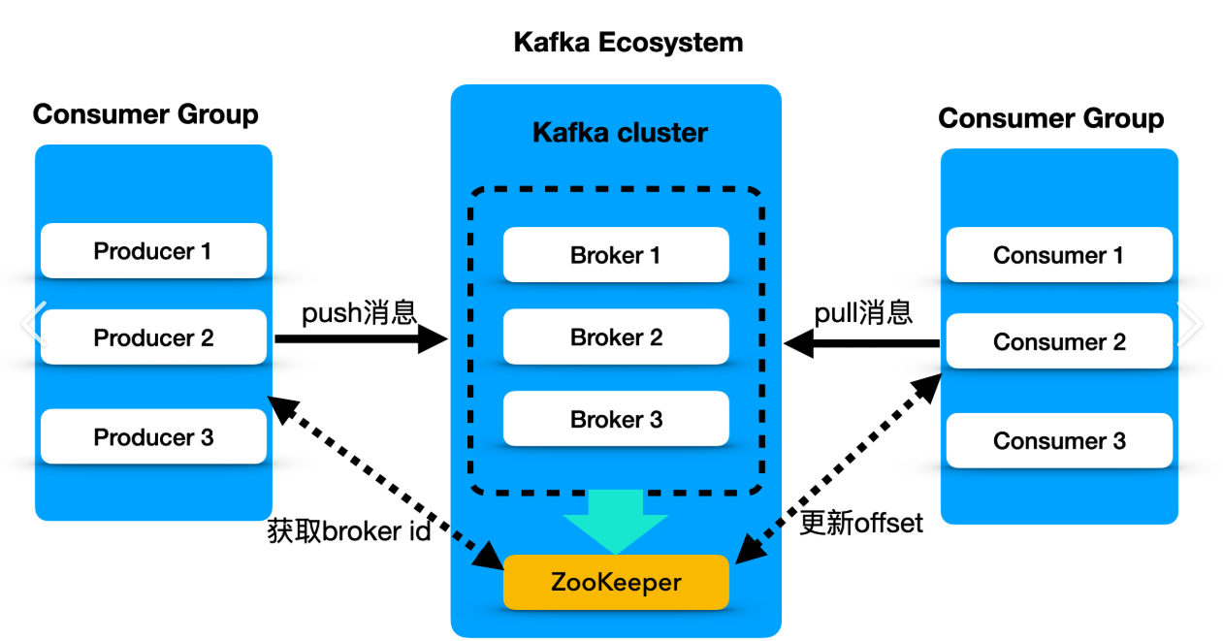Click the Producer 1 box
153,251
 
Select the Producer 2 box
153,337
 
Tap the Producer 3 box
153,436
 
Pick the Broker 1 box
616,255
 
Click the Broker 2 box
616,337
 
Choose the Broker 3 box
616,419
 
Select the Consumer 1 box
1059,256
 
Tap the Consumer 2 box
1059,341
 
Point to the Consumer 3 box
1059,441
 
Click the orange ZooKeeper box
616,582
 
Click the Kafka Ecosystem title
628,43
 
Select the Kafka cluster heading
620,132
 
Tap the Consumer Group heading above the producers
145,114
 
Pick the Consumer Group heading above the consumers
1051,118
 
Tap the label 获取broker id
348,531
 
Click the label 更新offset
861,524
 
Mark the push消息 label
359,312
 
